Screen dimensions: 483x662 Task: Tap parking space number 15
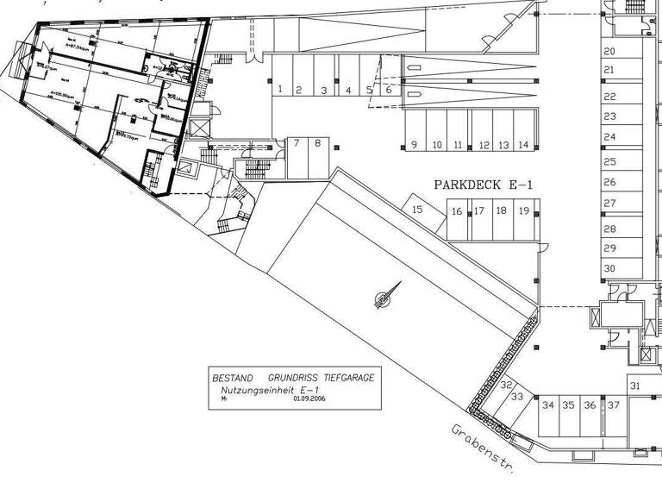[417, 209]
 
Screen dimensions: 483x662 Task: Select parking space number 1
[281, 89]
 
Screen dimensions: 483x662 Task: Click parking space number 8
[317, 143]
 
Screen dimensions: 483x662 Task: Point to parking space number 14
[523, 145]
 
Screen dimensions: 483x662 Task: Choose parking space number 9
[414, 145]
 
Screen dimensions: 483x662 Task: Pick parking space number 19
[523, 210]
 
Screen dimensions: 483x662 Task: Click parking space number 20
[609, 52]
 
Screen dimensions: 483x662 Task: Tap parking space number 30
[609, 268]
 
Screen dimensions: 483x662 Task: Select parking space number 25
[609, 161]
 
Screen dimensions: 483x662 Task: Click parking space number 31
[635, 386]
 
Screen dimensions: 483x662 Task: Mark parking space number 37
[614, 405]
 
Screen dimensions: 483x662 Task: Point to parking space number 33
[517, 398]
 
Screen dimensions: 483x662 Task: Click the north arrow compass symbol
[384, 298]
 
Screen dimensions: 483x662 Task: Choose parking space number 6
[388, 89]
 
